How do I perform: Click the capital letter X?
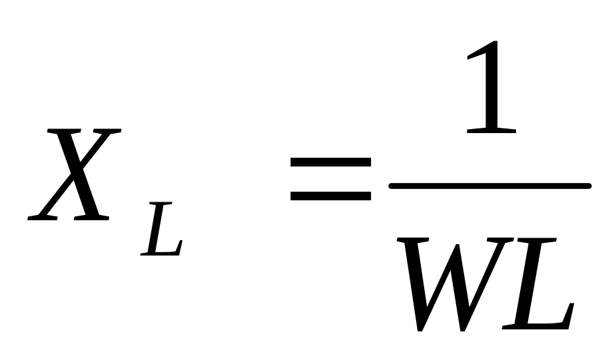click(75, 174)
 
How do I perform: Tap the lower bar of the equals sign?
click(330, 196)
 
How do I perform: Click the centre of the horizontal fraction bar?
click(489, 186)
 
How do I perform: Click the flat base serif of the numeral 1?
click(491, 130)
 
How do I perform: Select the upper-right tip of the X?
click(113, 132)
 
